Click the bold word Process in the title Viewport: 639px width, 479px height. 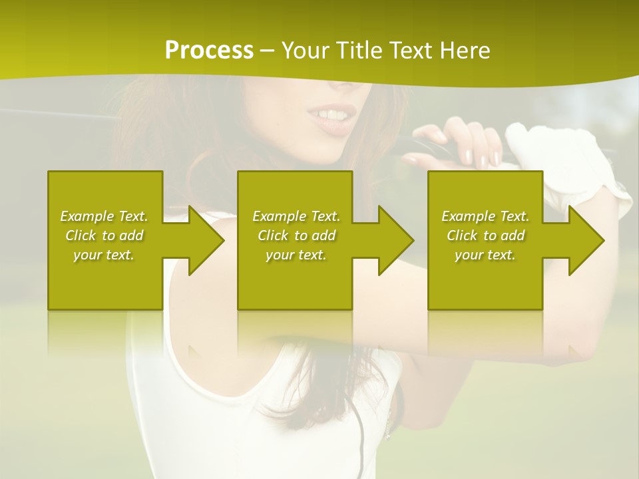[x=209, y=51]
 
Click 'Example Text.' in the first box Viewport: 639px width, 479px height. [x=104, y=216]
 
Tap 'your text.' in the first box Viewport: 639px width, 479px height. [x=104, y=255]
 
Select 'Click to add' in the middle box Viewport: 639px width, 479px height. [x=296, y=236]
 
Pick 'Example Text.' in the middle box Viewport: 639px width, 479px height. [x=296, y=216]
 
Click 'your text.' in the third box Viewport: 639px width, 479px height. [x=485, y=255]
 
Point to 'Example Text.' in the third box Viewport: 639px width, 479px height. [x=485, y=216]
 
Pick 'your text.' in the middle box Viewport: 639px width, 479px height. [x=296, y=255]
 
